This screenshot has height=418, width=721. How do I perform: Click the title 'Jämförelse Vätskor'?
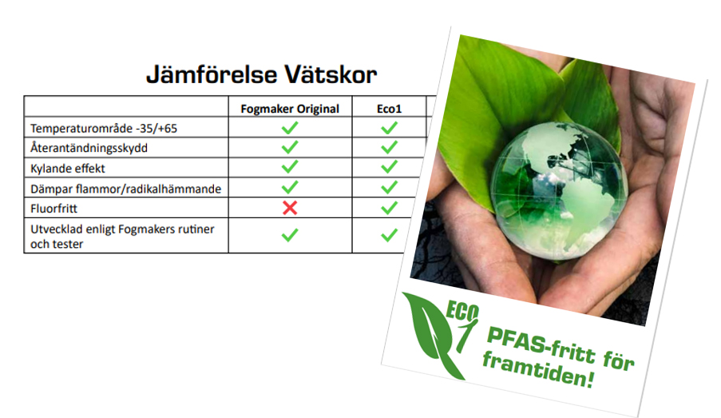[261, 74]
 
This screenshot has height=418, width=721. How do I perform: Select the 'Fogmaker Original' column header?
[290, 109]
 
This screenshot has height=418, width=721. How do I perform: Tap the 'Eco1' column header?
[389, 109]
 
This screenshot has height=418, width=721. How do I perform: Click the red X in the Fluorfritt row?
[290, 208]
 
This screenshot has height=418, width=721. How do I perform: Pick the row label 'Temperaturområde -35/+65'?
[104, 129]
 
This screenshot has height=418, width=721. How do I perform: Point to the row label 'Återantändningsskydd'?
[89, 148]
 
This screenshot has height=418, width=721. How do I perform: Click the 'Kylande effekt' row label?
[68, 169]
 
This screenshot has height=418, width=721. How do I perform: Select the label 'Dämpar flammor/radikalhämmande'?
[125, 189]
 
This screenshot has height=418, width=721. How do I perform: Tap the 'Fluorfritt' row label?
[53, 209]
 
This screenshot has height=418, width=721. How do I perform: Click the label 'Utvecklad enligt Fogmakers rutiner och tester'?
[122, 236]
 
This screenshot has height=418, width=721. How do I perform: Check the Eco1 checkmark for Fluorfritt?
[389, 208]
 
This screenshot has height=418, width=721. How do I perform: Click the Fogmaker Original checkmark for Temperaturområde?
[290, 128]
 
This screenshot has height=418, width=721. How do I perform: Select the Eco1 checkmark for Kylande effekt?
[389, 167]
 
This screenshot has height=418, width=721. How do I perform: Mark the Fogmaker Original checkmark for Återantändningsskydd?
[290, 147]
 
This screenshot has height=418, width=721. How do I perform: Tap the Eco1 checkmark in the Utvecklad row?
[389, 235]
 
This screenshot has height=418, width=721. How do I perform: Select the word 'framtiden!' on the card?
[538, 368]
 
